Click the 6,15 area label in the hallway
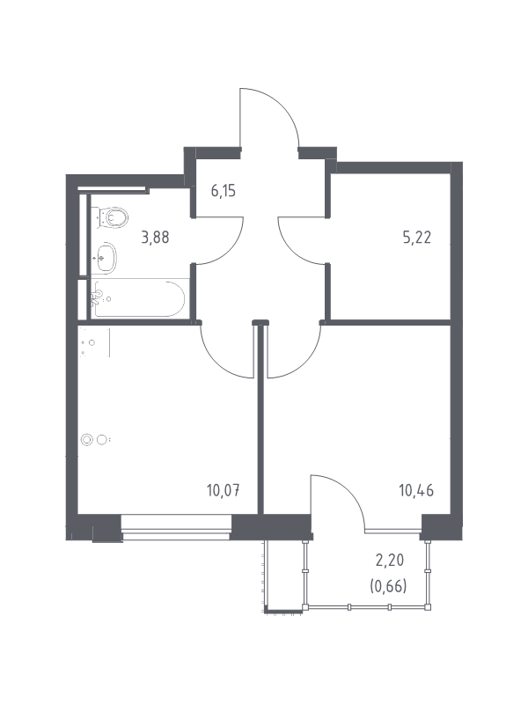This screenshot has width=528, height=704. [x=224, y=191]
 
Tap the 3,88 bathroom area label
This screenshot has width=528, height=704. [x=155, y=237]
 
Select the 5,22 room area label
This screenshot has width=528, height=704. [x=416, y=237]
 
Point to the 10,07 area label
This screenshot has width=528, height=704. [x=224, y=490]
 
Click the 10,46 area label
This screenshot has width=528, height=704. [x=416, y=490]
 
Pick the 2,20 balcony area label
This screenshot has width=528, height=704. [x=389, y=561]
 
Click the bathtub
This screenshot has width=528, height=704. [x=138, y=298]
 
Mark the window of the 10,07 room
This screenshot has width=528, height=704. [x=176, y=527]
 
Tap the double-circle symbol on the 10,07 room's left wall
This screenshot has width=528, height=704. [x=94, y=440]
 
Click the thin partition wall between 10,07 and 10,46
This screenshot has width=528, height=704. [x=260, y=417]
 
